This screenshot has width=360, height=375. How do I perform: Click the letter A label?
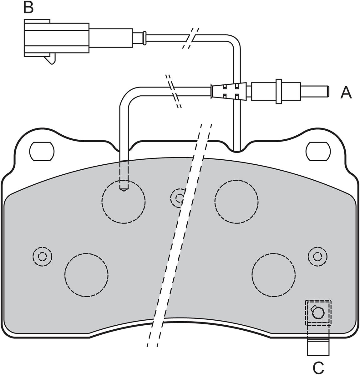point(346,92)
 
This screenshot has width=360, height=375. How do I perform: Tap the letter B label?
point(28,7)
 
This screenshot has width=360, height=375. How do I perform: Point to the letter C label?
point(318,367)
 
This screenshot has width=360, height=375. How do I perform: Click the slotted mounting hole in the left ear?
point(42,151)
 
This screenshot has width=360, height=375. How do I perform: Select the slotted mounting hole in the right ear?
point(318,151)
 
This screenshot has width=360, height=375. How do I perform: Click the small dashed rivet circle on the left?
point(43,257)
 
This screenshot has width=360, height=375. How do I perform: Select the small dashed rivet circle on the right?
point(317,257)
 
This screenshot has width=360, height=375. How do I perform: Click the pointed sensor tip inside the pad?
point(124,190)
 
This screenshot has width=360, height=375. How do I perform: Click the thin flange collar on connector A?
point(279,91)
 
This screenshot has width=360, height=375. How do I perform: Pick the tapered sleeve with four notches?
point(229,91)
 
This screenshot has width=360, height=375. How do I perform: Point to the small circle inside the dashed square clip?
point(318,313)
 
